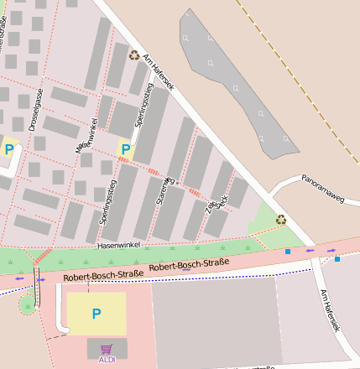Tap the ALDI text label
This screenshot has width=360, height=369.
[x=107, y=360]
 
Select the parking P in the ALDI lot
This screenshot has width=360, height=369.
[x=97, y=314]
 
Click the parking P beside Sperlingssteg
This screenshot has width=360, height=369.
[x=126, y=150]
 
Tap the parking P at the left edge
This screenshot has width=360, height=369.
[x=9, y=150]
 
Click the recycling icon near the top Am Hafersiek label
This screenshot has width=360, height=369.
[x=134, y=55]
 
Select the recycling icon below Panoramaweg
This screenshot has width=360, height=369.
[x=280, y=220]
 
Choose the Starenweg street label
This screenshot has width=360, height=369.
[x=164, y=189]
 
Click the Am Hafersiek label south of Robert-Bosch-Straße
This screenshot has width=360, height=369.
[x=330, y=311]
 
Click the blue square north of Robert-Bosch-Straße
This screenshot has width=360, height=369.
[x=288, y=251]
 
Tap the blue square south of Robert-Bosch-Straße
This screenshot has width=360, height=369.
[x=337, y=259]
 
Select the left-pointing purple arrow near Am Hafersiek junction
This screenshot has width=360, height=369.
[x=310, y=250]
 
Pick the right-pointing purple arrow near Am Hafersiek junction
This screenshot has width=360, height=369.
[x=333, y=250]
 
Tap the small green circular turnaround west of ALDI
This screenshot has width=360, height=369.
[x=28, y=305]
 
